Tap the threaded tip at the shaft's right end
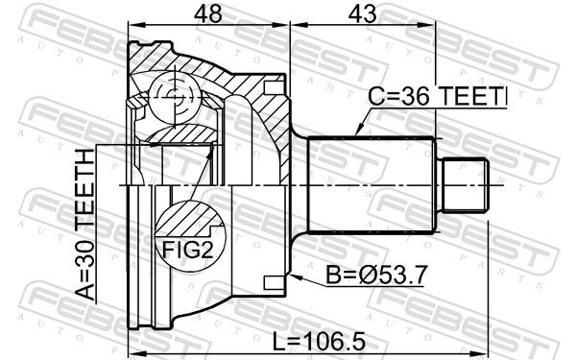coord(466,184)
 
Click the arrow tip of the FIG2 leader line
coord(214,153)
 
